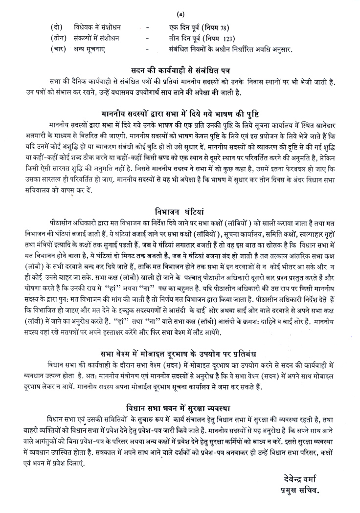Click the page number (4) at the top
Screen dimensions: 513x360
click(x=180, y=6)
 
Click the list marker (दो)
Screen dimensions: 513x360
click(x=57, y=26)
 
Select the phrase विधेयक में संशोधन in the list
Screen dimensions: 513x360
click(x=98, y=26)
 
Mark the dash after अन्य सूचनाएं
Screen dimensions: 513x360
click(x=147, y=49)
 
